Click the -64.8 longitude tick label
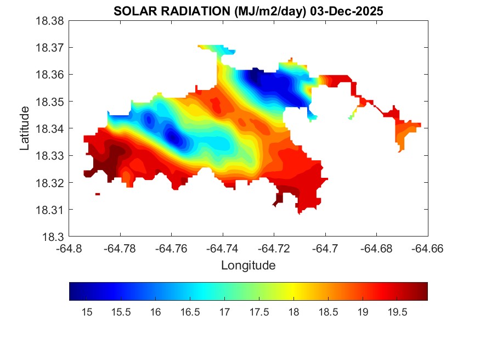pyautogui.click(x=70, y=249)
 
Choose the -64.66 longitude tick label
pyautogui.click(x=428, y=249)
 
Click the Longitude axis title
pyautogui.click(x=248, y=266)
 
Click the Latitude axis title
pyautogui.click(x=25, y=128)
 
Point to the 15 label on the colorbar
pyautogui.click(x=86, y=312)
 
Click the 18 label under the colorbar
pyautogui.click(x=293, y=312)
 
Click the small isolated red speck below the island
pyautogui.click(x=98, y=194)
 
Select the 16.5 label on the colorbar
pyautogui.click(x=190, y=312)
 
